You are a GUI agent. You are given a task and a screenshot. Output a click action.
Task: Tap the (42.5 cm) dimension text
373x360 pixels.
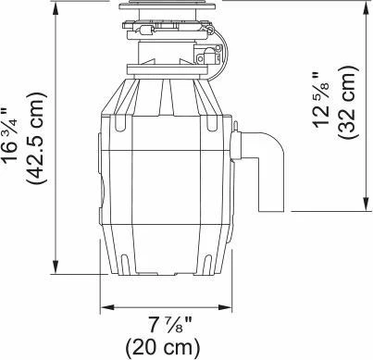pos(36,138)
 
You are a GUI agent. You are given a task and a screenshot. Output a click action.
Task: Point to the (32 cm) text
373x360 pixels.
pos(348,102)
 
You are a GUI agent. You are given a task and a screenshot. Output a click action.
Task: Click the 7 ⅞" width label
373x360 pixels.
pos(170,325)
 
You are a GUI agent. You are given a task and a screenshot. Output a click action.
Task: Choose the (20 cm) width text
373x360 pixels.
pos(163,347)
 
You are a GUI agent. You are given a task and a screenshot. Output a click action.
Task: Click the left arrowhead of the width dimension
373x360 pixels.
pos(106,307)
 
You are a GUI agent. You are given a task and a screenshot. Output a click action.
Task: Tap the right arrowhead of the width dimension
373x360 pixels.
pos(225,307)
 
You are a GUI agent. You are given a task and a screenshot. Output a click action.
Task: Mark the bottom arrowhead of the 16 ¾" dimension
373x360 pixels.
pos(56,267)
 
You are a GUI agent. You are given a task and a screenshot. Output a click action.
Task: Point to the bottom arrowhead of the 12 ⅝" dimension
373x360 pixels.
pos(367,205)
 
